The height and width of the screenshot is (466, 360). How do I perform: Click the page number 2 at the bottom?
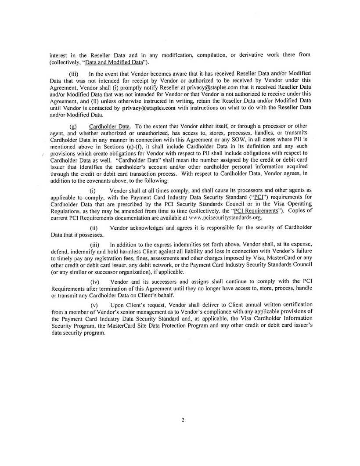183,420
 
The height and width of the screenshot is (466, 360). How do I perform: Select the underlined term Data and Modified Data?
113,62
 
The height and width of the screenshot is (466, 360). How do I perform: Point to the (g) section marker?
73,126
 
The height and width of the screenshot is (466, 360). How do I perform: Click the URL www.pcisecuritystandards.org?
225,217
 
